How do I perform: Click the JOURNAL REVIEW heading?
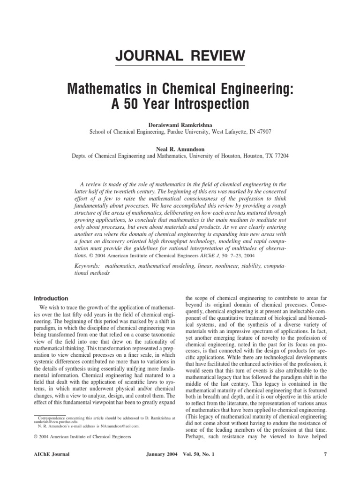click(x=180, y=56)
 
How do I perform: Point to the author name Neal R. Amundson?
click(x=180, y=149)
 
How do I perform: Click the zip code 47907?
click(x=261, y=132)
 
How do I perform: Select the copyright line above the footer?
click(x=83, y=436)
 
